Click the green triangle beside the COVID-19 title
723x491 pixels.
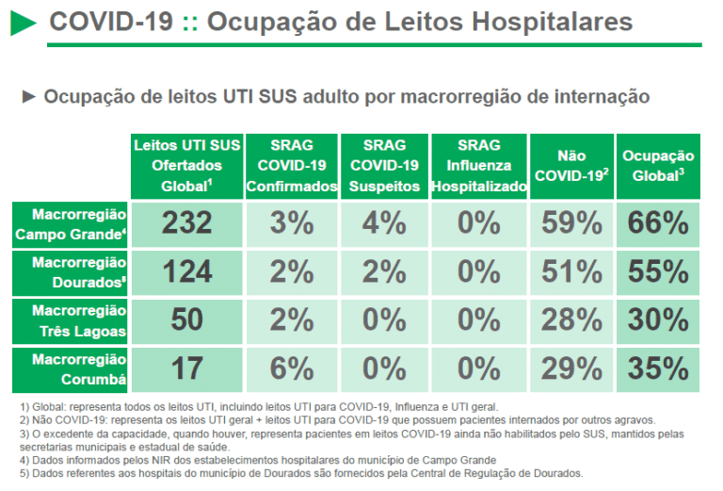[24, 23]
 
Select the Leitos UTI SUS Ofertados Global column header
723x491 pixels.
[186, 166]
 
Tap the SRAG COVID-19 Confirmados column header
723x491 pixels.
[291, 166]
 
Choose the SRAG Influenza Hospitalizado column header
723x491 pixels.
[478, 166]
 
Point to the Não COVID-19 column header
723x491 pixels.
[570, 166]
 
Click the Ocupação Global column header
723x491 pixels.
[658, 166]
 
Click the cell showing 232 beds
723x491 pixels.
[186, 223]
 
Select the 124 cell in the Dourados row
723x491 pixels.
[186, 271]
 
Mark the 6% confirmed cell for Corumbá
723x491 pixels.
[291, 368]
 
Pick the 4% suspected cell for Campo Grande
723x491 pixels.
[384, 223]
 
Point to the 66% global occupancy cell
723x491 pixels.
[658, 223]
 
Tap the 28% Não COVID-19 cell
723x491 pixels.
[570, 319]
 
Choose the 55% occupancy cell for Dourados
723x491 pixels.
[658, 271]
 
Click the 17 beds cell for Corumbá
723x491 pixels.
[186, 368]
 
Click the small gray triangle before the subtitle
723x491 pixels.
[28, 96]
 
